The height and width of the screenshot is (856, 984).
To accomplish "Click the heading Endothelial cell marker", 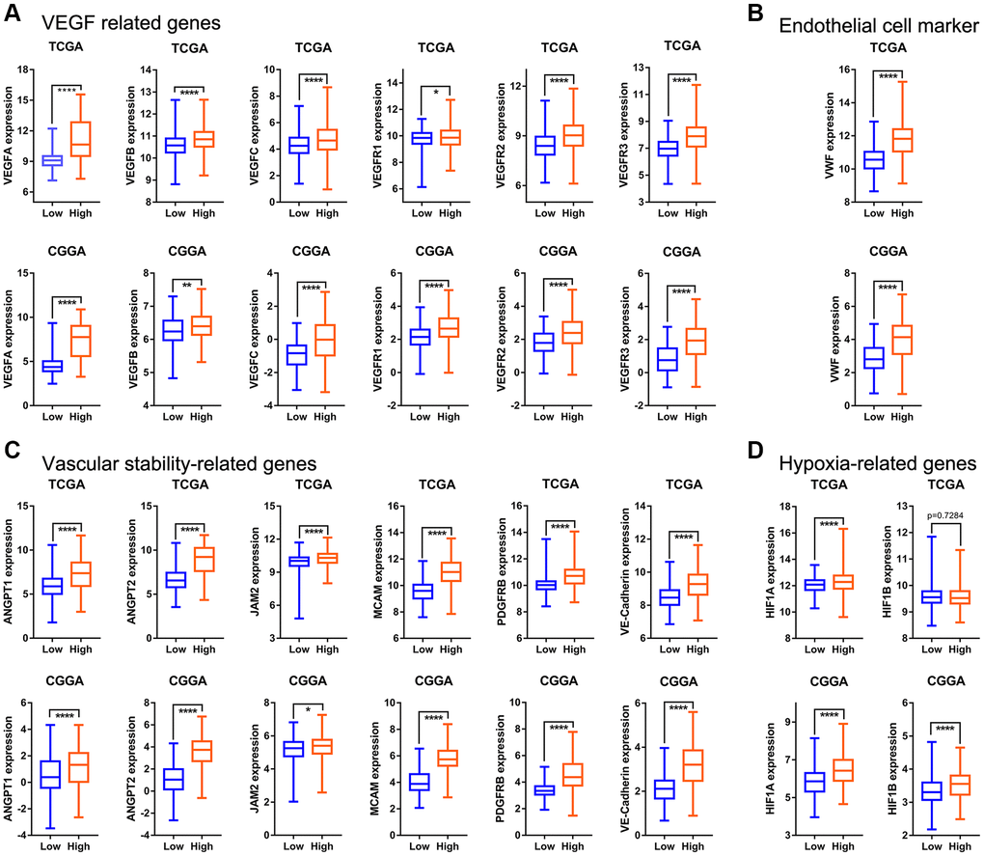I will [862, 26].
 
